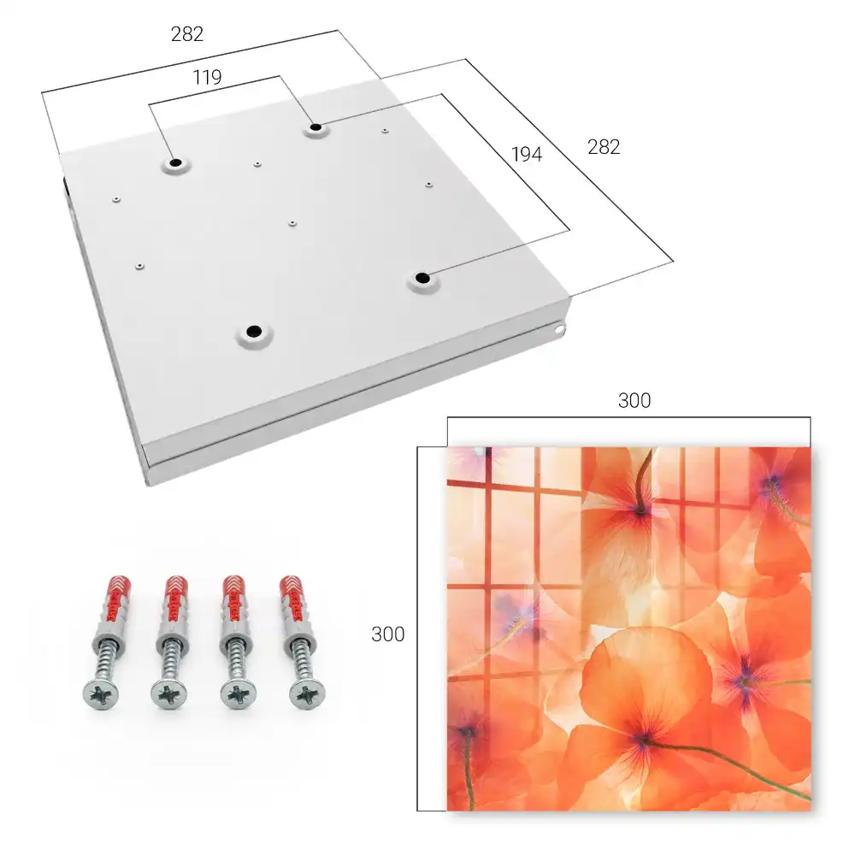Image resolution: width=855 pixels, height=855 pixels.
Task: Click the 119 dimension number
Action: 207,78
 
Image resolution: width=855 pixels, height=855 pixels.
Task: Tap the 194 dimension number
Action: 527,154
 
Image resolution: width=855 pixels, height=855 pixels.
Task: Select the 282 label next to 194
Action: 604,147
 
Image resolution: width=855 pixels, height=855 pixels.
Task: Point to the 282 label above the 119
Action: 187,34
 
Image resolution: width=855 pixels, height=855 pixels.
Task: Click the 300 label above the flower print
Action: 634,400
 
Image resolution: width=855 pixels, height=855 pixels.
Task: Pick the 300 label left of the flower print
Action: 387,634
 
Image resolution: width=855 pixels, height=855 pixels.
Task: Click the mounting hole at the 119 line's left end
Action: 175,162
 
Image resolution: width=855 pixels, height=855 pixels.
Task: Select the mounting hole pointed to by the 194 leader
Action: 422,278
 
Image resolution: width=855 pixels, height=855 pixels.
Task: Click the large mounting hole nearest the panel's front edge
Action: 254,331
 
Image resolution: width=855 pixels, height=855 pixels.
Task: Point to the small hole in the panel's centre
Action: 292,223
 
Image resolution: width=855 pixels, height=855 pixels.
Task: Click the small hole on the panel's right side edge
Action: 558,329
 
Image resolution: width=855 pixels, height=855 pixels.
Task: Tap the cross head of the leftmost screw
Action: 101,694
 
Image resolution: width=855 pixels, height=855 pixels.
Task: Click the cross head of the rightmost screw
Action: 307,694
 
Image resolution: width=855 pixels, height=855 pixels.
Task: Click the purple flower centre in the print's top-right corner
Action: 773,482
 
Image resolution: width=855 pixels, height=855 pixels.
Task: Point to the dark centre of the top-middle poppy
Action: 641,510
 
